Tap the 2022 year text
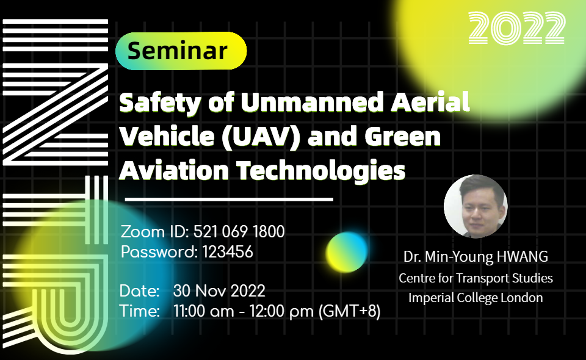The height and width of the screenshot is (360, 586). pos(517,28)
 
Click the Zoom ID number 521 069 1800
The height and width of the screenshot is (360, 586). pos(239,232)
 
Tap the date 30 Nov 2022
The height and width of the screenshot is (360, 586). pos(219,290)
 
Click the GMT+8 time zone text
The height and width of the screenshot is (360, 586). pos(349,312)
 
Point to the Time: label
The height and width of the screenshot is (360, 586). pos(140,312)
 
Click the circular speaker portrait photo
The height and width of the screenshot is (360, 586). pos(475,206)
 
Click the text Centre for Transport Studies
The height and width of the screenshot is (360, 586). pos(476,278)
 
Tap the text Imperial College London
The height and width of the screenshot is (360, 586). pos(476,298)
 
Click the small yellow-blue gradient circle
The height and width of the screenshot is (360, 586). pos(347,251)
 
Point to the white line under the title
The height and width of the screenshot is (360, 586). pos(229,199)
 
